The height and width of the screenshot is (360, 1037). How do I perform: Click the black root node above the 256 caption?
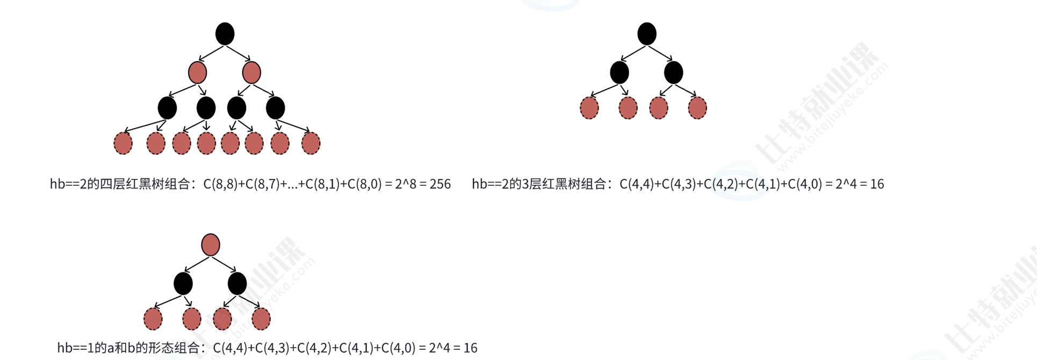[225, 34]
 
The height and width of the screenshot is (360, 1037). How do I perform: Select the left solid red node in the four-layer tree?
[198, 73]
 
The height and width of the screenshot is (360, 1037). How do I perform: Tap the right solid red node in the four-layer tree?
[251, 73]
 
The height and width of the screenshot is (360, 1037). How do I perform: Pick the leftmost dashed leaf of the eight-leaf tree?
[123, 143]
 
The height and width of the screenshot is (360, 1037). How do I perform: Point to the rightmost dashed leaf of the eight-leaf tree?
[311, 143]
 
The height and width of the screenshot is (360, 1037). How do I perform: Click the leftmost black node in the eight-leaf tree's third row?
[167, 108]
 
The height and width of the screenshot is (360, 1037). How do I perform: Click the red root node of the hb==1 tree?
[211, 245]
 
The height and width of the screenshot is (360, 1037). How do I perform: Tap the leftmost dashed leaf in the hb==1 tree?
[153, 319]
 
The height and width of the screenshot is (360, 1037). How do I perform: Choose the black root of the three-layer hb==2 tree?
[647, 34]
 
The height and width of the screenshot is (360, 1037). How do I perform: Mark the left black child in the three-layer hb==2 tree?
[620, 73]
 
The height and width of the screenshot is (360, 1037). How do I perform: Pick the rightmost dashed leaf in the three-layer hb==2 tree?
[697, 108]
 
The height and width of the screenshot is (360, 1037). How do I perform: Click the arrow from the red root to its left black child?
[196, 264]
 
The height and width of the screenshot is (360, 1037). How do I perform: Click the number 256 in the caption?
[440, 184]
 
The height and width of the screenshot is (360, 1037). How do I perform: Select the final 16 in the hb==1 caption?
[470, 348]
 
